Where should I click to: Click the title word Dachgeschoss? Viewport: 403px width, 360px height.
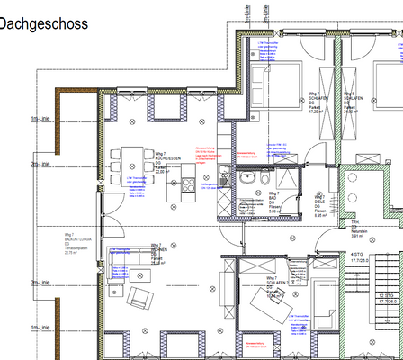[45, 24]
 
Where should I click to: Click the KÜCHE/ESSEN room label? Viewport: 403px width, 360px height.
[167, 160]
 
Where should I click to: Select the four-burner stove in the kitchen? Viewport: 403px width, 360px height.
[189, 185]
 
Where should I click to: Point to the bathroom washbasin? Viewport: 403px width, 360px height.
[247, 178]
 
